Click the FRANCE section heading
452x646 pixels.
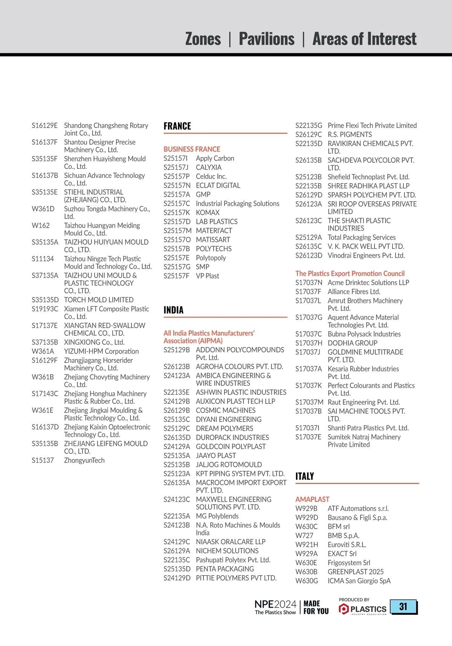(177, 126)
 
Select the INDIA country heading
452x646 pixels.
(174, 310)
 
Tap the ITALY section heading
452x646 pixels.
(305, 476)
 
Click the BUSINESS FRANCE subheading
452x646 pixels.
(192, 149)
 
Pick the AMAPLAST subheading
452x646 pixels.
(312, 499)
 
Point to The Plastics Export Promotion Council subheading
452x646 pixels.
(350, 274)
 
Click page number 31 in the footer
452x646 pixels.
(403, 606)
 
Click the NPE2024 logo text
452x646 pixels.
(275, 605)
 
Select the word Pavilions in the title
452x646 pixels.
(267, 39)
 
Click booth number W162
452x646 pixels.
(41, 225)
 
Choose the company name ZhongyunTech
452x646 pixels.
(84, 460)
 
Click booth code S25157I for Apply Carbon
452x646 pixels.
(176, 158)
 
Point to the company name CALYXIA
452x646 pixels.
(209, 167)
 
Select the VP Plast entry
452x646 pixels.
(208, 276)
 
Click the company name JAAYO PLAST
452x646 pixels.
(216, 456)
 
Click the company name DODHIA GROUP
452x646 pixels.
(353, 343)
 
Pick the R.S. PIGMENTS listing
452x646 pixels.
(350, 135)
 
